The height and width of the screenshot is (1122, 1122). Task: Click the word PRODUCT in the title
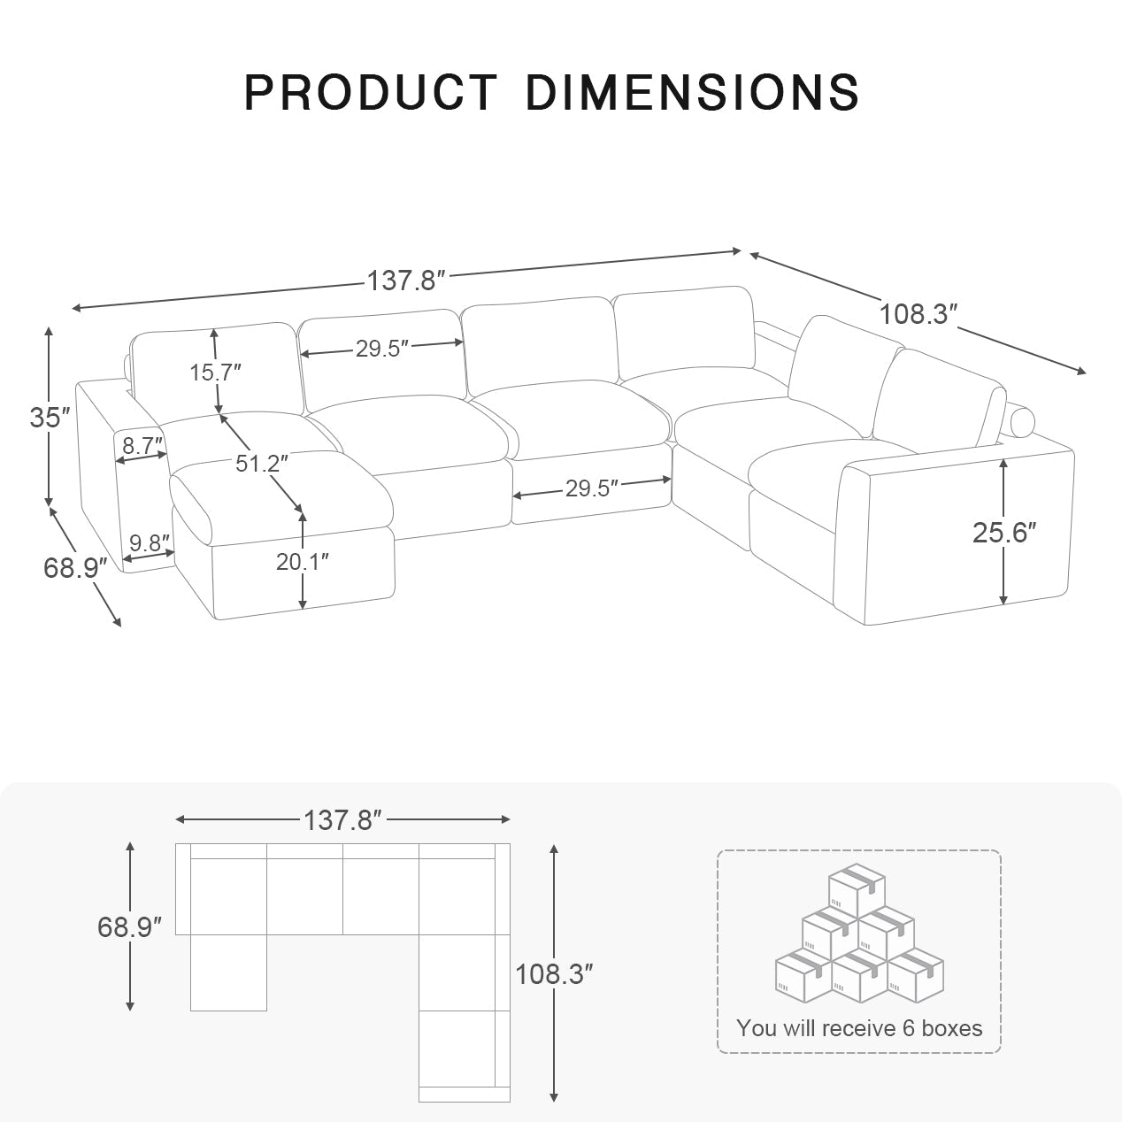tap(371, 92)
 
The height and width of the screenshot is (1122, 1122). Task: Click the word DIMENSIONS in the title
tap(692, 92)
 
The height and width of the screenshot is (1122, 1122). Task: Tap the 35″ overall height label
tap(50, 418)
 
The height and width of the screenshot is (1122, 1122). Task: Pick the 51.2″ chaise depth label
tap(261, 463)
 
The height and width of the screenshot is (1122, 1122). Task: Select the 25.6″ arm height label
tap(1003, 532)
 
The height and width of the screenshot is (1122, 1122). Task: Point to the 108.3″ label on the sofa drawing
tap(918, 314)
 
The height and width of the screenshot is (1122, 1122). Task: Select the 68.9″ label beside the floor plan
tap(129, 927)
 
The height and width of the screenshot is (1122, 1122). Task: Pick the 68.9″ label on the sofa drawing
tap(75, 568)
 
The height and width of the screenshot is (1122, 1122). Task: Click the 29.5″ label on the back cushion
tap(381, 349)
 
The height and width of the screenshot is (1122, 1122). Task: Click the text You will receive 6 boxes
tap(858, 1028)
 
